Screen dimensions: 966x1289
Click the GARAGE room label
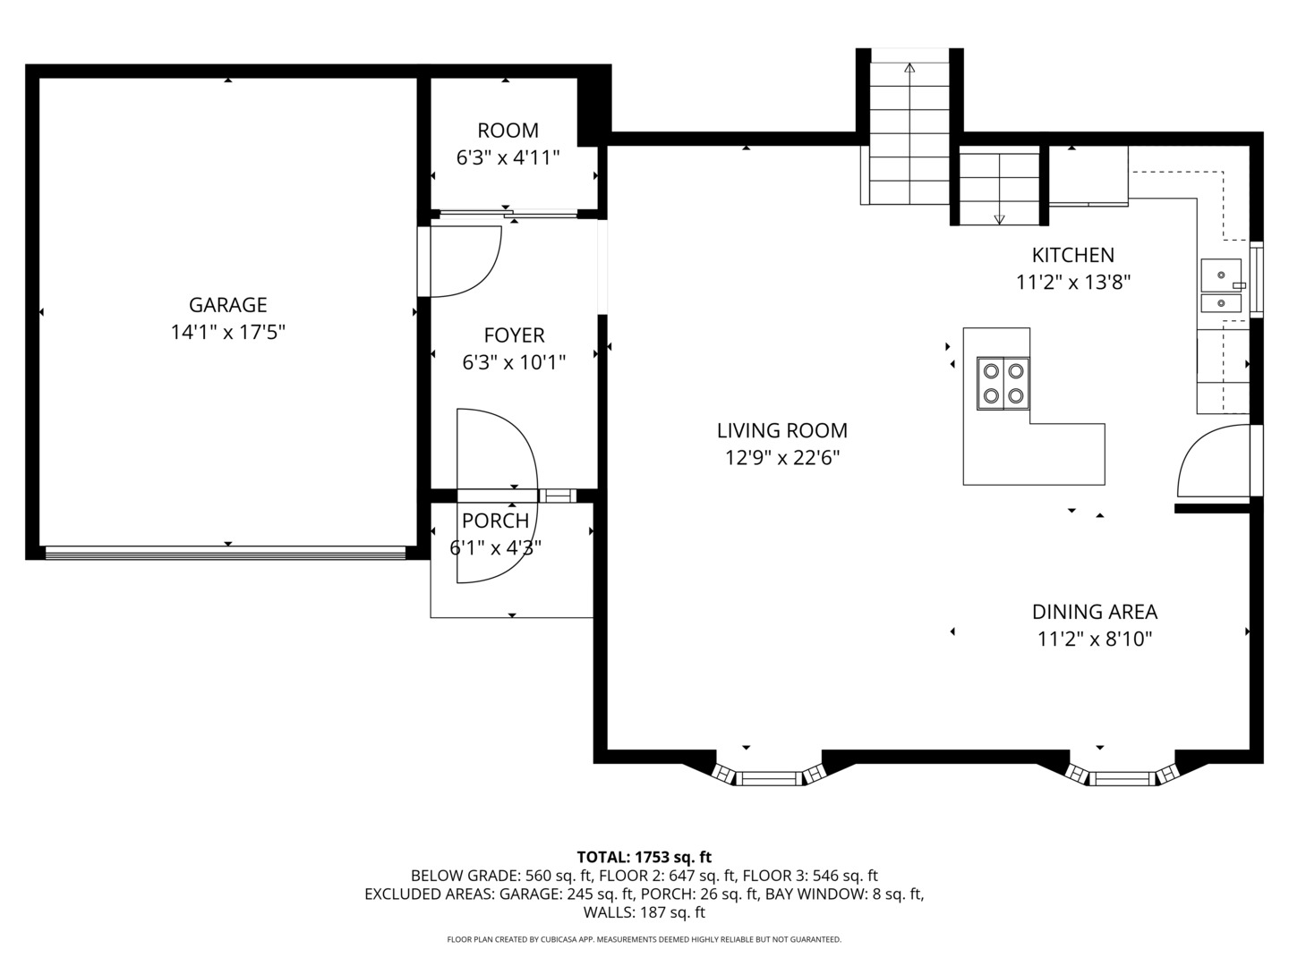[227, 305]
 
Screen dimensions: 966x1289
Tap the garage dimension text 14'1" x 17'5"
[227, 333]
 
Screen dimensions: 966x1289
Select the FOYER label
[514, 335]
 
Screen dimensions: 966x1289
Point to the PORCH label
[495, 521]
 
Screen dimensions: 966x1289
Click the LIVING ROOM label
[781, 430]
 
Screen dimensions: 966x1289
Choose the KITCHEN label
[1072, 255]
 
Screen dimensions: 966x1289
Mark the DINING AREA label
[1094, 612]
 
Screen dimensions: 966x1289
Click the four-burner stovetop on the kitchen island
[1003, 383]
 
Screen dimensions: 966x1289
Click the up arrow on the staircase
[910, 67]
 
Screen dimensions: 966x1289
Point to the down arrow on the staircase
[999, 219]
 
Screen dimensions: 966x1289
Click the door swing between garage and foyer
[465, 261]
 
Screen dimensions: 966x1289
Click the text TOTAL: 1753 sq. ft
[644, 857]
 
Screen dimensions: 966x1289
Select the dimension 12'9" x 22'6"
[781, 458]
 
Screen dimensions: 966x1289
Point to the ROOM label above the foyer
[508, 131]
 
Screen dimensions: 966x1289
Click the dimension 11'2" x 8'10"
[1094, 640]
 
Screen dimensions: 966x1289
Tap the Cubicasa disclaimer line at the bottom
[644, 939]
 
